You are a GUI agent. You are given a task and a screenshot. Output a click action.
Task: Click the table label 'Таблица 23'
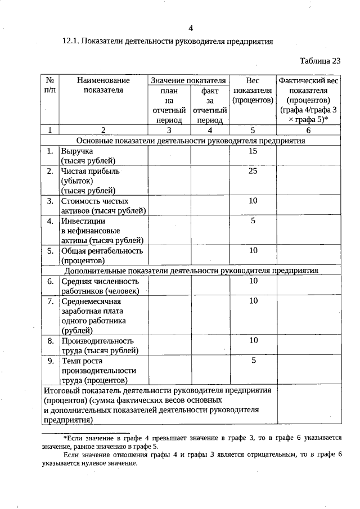point(320,61)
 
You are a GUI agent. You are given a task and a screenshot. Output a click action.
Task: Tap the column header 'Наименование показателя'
point(103,85)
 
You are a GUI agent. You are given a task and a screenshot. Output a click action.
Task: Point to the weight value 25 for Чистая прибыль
point(253,170)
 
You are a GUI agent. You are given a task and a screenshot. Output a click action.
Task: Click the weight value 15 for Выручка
point(253,151)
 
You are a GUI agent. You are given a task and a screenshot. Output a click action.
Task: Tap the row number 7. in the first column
point(50,301)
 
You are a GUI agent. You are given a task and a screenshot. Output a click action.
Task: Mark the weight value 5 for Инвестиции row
point(253,221)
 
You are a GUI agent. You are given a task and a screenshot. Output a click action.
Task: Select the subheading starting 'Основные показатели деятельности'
point(190,141)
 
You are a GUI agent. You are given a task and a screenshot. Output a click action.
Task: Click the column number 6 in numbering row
point(308,130)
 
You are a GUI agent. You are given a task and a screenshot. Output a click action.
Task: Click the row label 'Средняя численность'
point(100,281)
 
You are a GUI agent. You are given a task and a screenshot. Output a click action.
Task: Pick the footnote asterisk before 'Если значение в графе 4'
point(65,438)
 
